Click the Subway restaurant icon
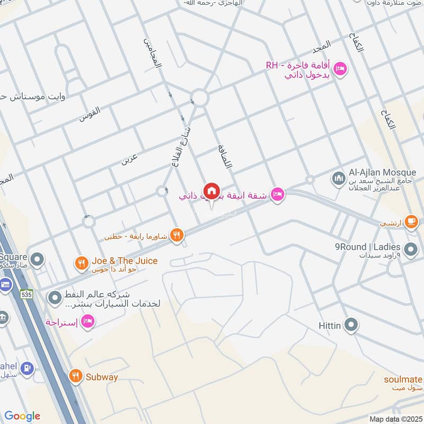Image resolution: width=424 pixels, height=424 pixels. (x=76, y=376)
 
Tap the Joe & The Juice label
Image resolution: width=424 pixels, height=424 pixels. (x=124, y=260)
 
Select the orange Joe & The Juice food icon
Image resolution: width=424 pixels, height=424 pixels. (x=81, y=262)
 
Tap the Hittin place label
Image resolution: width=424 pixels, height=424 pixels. (x=330, y=325)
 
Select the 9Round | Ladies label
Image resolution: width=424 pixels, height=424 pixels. (x=367, y=246)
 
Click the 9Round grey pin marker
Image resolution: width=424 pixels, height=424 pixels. (x=410, y=248)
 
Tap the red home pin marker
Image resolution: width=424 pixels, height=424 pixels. (x=211, y=191)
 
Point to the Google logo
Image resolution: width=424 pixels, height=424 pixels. (x=22, y=416)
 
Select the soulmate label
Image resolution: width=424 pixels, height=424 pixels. (x=404, y=379)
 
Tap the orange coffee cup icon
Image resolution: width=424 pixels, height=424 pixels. (x=411, y=222)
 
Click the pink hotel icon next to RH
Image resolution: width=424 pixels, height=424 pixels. (x=340, y=69)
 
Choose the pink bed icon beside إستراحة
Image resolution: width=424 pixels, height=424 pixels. (x=88, y=321)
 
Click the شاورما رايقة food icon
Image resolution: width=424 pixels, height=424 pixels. (x=177, y=235)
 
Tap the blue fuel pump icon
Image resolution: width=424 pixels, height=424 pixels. (x=29, y=367)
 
